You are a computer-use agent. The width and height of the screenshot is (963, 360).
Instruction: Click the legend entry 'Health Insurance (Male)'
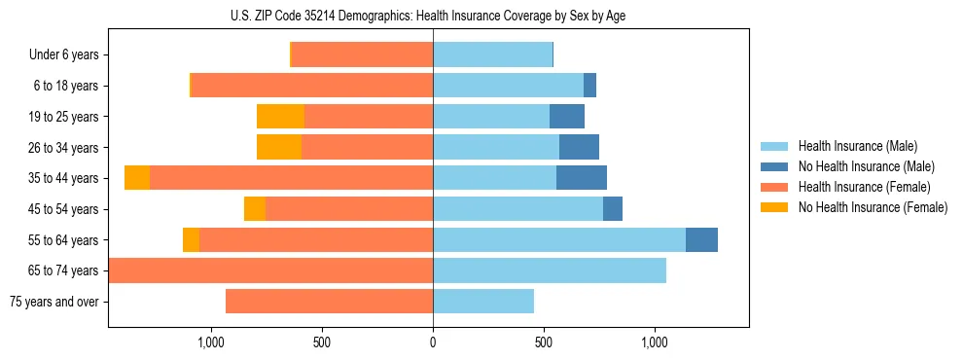[857, 146]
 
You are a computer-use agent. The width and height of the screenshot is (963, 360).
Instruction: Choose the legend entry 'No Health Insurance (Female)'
[873, 207]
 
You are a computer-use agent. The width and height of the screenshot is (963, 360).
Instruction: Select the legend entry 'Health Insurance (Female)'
[865, 187]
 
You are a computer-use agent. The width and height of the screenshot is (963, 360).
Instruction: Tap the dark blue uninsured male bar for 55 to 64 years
[701, 239]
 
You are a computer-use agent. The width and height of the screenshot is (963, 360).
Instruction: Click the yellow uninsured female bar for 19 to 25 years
[280, 117]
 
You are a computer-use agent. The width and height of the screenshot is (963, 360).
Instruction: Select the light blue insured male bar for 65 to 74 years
[550, 270]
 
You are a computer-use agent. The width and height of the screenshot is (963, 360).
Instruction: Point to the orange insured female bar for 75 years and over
[329, 302]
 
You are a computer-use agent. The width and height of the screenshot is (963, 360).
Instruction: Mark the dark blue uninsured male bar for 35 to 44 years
[582, 178]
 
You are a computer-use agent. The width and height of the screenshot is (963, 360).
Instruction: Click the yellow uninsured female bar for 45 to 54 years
[255, 209]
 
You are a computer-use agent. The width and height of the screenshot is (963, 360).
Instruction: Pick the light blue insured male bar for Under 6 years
[492, 55]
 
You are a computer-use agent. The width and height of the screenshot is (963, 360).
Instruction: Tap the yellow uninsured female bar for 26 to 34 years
[279, 147]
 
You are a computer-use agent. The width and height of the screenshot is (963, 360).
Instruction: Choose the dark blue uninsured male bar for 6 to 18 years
[589, 86]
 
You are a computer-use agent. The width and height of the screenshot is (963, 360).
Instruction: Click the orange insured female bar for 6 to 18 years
[312, 86]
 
